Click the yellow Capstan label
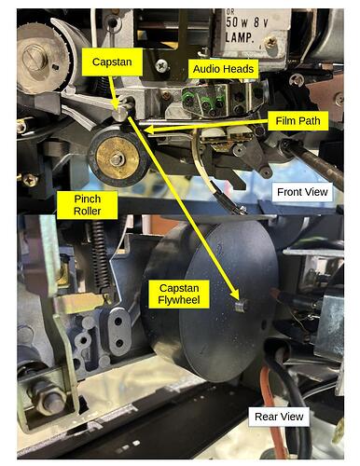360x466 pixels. tap(112, 62)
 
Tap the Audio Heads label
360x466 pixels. tap(223, 69)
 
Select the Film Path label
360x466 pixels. tap(298, 121)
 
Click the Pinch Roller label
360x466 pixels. tap(88, 205)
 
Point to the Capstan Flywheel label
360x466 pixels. tap(179, 294)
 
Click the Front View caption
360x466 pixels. tap(302, 192)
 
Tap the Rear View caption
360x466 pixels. tap(279, 417)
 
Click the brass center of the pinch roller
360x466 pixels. tap(118, 158)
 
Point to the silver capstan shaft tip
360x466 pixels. tap(119, 114)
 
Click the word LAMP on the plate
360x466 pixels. tap(239, 37)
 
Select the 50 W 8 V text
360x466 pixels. tap(247, 22)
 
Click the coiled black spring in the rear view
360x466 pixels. tap(100, 258)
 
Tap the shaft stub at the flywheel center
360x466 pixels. tap(241, 307)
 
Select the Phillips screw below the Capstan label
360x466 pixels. tap(162, 66)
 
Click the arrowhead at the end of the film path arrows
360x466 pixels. tap(149, 130)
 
